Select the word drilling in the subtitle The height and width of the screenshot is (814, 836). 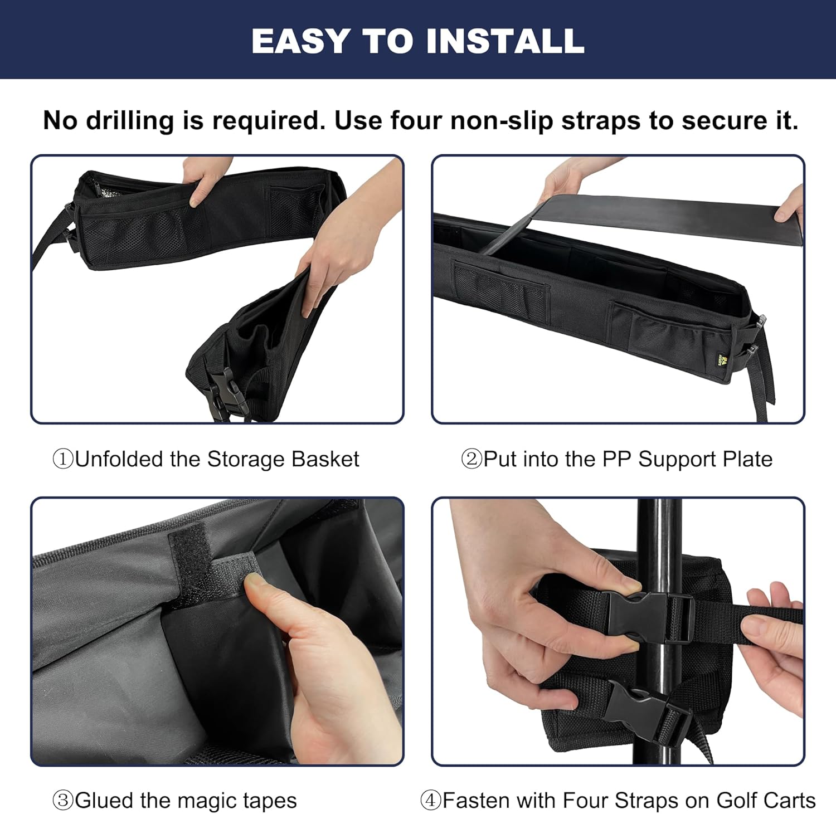(x=129, y=121)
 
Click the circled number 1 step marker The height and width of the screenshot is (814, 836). (x=63, y=460)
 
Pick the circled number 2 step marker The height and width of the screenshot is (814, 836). (x=472, y=460)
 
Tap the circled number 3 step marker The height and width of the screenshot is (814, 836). (x=63, y=801)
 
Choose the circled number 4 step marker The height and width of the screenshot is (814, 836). (x=431, y=801)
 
